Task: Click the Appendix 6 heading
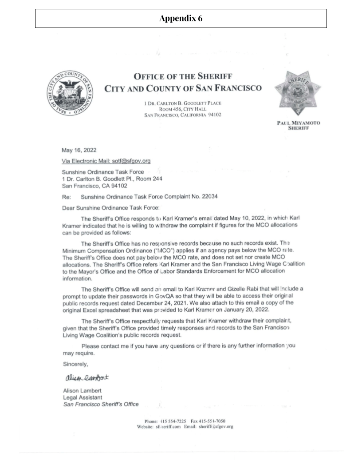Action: tap(181, 19)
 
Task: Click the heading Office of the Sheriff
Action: tap(183, 76)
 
